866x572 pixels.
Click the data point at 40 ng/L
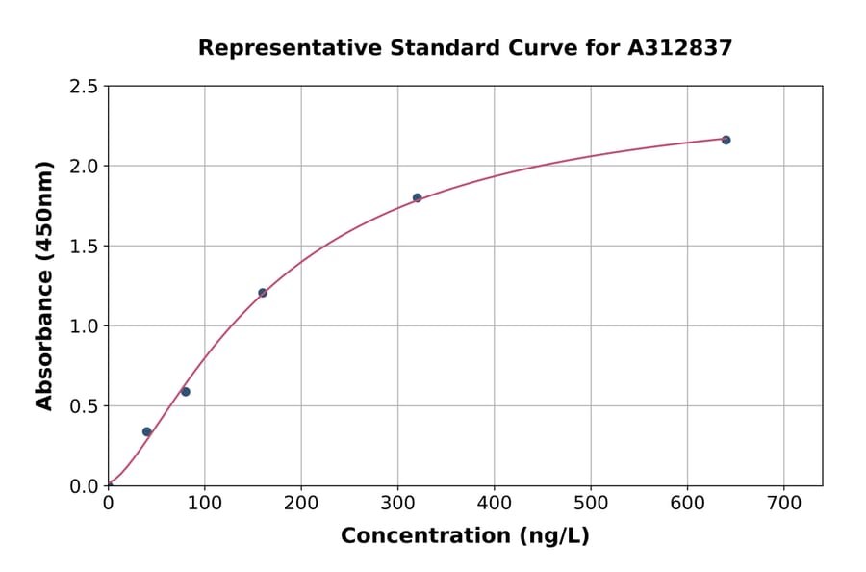coord(146,431)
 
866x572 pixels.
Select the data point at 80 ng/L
coord(186,392)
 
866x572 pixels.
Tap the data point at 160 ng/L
coord(263,293)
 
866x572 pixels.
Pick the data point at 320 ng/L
coord(417,197)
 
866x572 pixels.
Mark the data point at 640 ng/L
coord(726,140)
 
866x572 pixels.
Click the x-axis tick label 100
coord(204,503)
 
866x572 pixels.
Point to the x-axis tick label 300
coord(397,503)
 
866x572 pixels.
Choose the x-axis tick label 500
coord(591,503)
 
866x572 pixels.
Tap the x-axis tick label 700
coord(783,503)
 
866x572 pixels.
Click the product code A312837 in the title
coord(680,48)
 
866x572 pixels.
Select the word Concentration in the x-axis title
coord(424,536)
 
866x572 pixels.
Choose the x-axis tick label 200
coord(301,503)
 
